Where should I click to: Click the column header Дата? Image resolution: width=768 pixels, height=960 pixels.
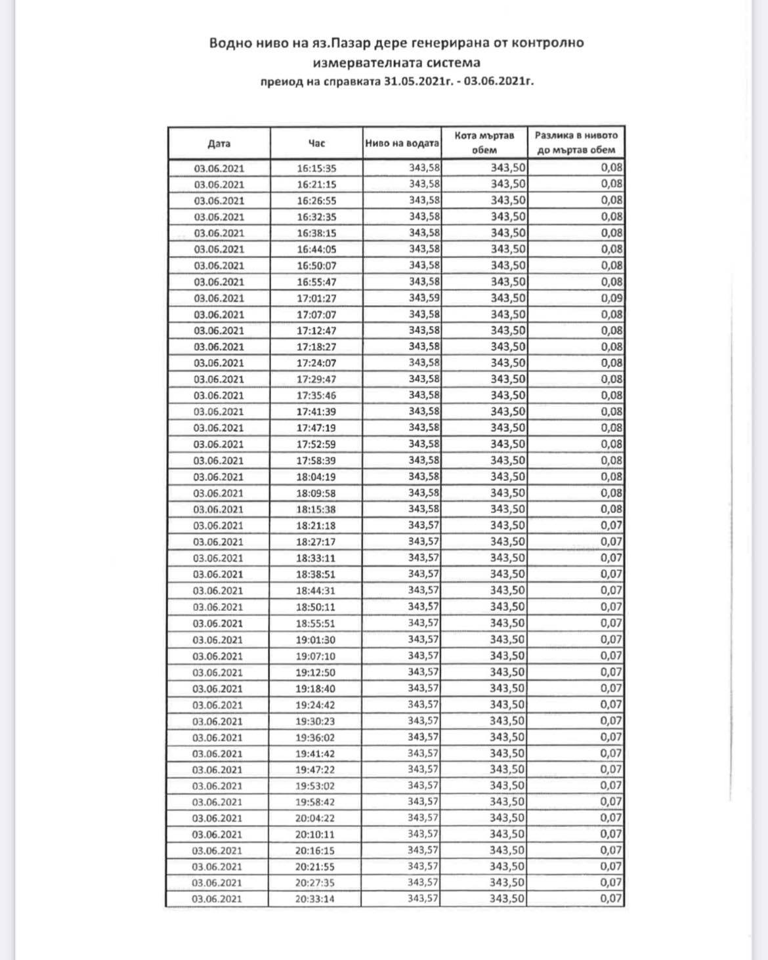tap(219, 144)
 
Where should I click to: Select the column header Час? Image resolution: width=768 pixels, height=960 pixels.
tap(316, 143)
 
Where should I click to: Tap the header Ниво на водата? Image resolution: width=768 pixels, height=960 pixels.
tap(402, 143)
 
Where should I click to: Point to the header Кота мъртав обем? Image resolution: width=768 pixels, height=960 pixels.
tap(484, 142)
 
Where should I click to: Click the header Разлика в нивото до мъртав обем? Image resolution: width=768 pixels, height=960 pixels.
tap(576, 142)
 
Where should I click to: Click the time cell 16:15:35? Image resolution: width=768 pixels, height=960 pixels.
tap(316, 169)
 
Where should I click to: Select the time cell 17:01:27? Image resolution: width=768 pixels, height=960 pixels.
tap(316, 299)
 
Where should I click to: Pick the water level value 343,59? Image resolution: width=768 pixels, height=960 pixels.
tap(424, 298)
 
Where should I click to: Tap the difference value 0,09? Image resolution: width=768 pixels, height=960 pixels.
tap(612, 298)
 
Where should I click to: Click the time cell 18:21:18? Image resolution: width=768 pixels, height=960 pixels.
tap(316, 526)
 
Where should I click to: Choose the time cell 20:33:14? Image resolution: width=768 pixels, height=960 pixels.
tap(314, 899)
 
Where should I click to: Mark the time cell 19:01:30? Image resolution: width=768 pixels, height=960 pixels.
tap(315, 640)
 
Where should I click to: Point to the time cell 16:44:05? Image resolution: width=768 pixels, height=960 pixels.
tap(316, 249)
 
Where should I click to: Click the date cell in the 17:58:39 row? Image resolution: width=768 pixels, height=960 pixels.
tap(219, 461)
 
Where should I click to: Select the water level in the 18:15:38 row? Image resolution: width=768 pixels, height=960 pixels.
tap(424, 509)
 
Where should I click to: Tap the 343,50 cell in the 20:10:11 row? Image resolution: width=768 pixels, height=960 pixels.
tap(507, 834)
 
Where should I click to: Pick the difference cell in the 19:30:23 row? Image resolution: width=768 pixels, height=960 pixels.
tap(611, 720)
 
